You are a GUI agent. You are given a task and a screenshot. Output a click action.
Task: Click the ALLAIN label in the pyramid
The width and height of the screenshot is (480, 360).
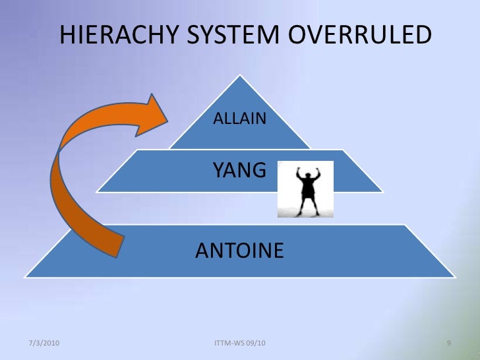pyautogui.click(x=239, y=119)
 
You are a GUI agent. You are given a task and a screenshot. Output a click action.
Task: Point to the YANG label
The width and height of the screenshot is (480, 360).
pyautogui.click(x=239, y=171)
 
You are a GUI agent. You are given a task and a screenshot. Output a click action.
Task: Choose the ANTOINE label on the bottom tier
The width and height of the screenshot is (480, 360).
pyautogui.click(x=240, y=250)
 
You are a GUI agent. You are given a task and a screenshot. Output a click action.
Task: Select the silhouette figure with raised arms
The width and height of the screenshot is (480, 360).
pyautogui.click(x=305, y=189)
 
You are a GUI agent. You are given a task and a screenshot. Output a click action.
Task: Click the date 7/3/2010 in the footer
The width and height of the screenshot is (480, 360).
pyautogui.click(x=46, y=344)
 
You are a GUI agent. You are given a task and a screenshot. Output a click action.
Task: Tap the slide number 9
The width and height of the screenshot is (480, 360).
pyautogui.click(x=449, y=344)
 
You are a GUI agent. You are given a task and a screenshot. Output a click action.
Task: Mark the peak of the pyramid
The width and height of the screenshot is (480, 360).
pyautogui.click(x=240, y=76)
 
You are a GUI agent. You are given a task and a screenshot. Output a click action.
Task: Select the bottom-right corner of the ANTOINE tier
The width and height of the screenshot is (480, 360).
pyautogui.click(x=454, y=276)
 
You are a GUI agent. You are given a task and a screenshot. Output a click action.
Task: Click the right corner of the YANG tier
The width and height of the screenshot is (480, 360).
pyautogui.click(x=382, y=192)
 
